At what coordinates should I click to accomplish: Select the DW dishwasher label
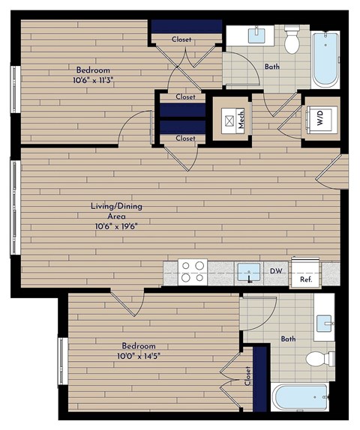click(275, 271)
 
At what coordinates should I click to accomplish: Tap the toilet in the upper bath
click(292, 40)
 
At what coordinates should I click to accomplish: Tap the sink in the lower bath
click(325, 323)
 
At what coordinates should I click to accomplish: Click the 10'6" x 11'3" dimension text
click(94, 79)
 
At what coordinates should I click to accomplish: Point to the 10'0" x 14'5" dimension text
click(139, 356)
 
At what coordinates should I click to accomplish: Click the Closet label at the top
click(181, 39)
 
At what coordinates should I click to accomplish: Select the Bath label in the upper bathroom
click(273, 67)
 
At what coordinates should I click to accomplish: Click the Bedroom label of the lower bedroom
click(139, 345)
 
